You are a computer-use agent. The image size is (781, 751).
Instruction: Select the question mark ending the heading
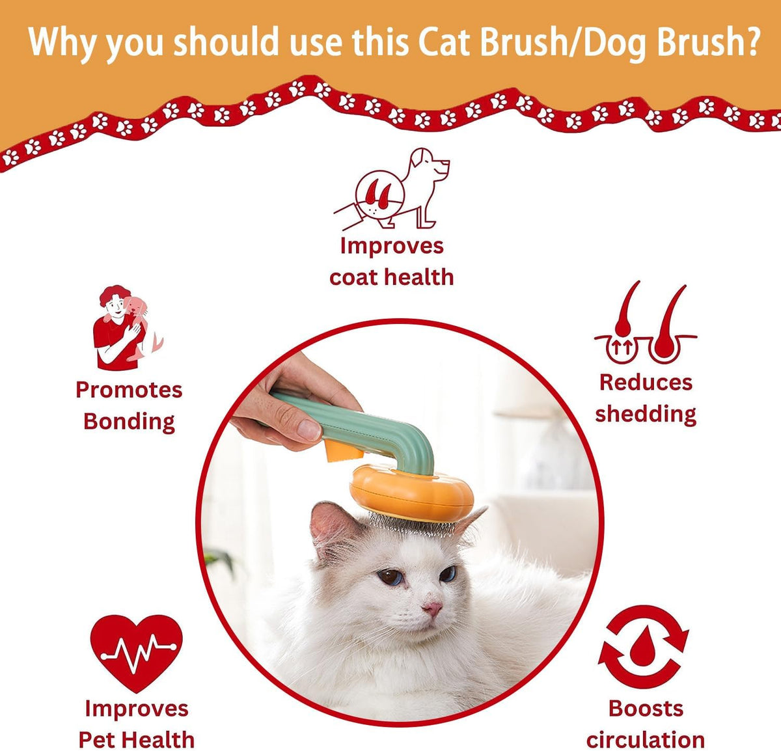tap(750, 42)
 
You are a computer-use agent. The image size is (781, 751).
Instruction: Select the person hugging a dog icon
tap(126, 327)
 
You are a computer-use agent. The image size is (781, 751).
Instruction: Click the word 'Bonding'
tap(129, 422)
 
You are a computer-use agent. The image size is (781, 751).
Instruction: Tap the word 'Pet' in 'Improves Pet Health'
tap(97, 740)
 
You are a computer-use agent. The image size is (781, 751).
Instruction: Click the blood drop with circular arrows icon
tap(643, 647)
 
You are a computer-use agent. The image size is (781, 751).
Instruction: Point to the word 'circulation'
tap(645, 740)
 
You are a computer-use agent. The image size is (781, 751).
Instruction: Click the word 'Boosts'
tap(645, 708)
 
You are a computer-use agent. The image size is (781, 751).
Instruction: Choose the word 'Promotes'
tap(129, 390)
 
